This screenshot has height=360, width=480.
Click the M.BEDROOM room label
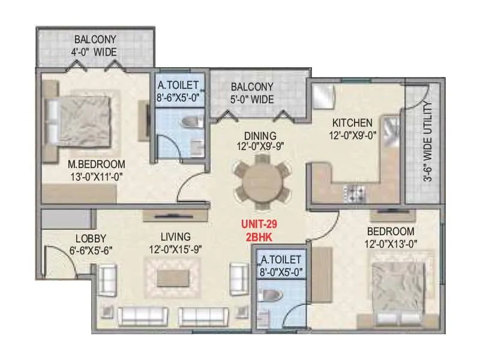[x=97, y=164]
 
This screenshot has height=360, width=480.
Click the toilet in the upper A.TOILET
[x=191, y=123]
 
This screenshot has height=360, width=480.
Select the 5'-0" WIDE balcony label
[x=252, y=98]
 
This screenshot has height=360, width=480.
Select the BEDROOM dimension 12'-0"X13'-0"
[x=390, y=244]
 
